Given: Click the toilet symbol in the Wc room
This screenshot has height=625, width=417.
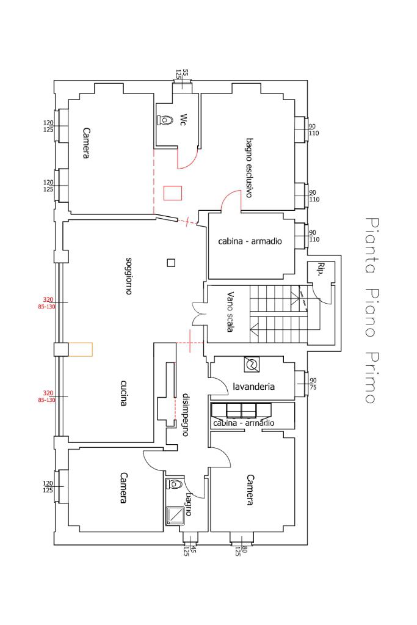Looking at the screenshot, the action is point(165,120).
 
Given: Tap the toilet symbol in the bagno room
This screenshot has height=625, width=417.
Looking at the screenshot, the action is point(175,484).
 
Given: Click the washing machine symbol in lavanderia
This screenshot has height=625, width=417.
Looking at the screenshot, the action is point(252,364).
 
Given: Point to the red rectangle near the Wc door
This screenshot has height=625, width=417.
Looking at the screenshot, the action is point(172,192).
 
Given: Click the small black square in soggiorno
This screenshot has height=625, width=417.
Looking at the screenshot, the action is point(171,263).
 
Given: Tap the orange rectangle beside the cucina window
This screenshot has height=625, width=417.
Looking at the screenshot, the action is point(81,349).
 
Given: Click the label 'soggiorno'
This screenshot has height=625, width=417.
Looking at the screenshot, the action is point(129,276).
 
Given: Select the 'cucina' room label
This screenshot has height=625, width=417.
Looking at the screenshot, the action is point(124,393).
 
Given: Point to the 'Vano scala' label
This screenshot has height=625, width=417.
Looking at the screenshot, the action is point(230,312).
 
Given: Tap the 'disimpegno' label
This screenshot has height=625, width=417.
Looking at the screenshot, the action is point(185,415).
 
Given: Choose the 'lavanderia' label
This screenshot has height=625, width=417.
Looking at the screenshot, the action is point(254,386).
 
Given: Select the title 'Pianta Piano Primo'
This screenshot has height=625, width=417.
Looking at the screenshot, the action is point(372,310).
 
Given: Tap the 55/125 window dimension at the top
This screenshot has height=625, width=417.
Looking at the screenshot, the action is point(182,74).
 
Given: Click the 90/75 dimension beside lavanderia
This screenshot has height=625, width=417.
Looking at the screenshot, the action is point(313,384).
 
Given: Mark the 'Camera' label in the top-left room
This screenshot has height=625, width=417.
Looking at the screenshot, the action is point(85,143).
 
